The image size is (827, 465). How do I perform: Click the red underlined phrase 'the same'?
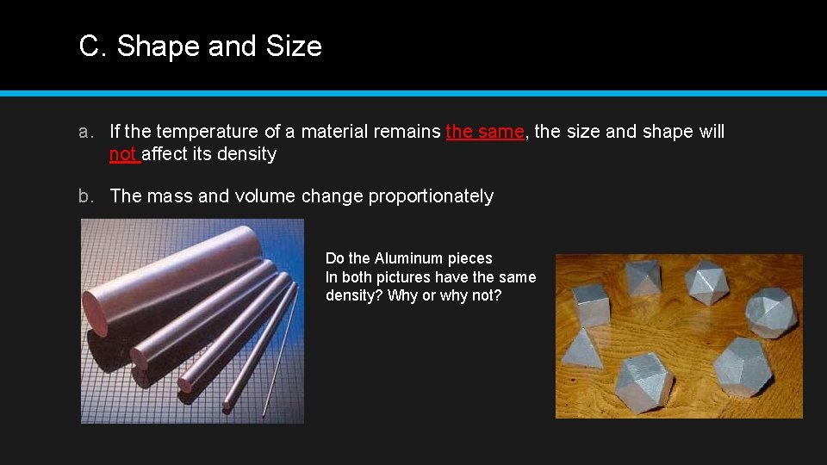[x=485, y=132]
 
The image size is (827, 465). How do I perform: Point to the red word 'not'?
[x=123, y=154]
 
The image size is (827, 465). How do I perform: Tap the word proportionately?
[x=431, y=196]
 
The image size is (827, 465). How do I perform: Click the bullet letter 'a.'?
[x=85, y=132]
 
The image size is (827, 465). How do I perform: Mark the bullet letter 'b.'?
[x=85, y=196]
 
